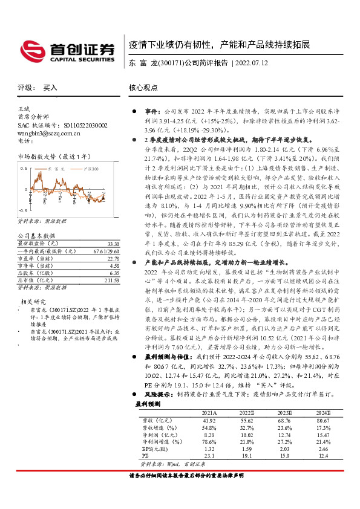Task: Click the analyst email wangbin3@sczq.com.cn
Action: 47,132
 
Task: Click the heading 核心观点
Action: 143,88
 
